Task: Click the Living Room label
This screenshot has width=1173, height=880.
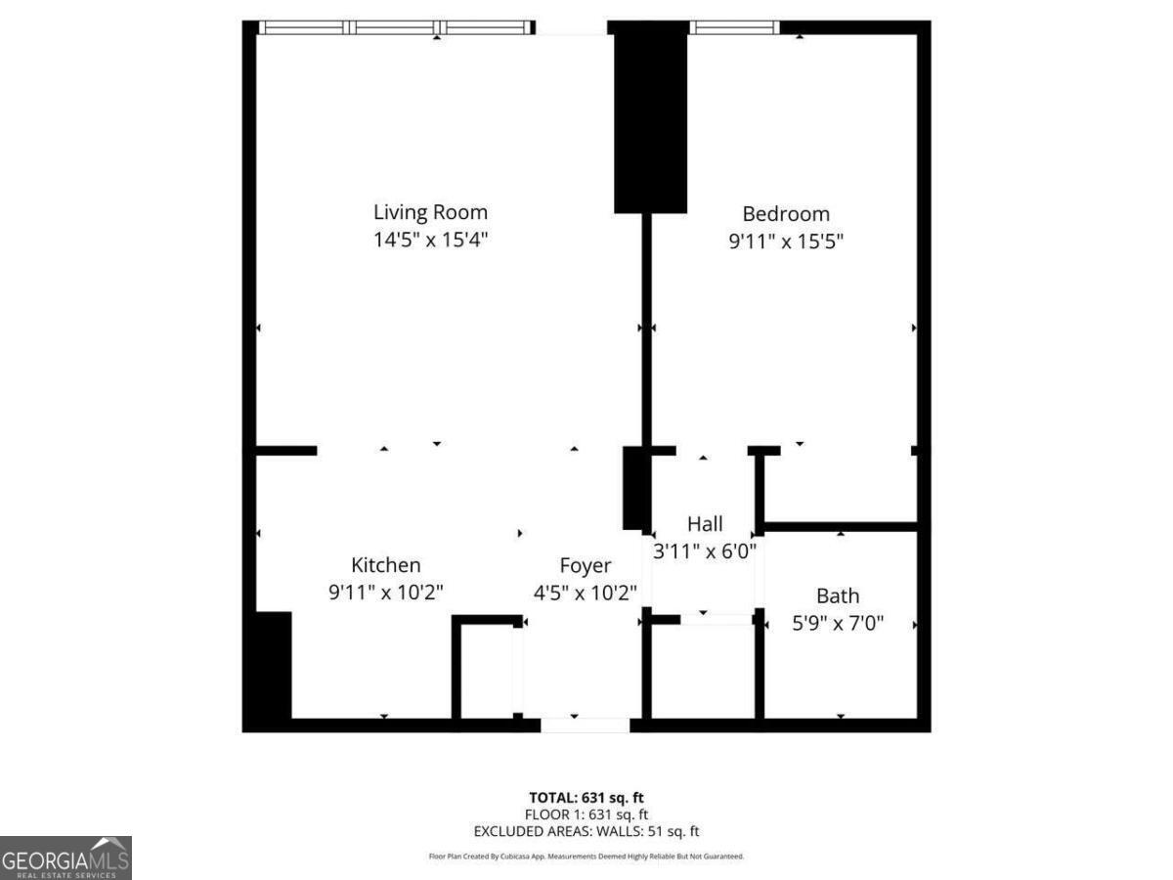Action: click(430, 212)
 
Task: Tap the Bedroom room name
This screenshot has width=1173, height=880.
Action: click(786, 214)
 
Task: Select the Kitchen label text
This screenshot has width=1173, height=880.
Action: click(386, 565)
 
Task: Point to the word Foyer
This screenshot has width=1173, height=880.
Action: click(586, 565)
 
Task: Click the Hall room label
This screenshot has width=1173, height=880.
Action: click(705, 524)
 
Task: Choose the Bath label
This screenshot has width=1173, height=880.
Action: click(838, 595)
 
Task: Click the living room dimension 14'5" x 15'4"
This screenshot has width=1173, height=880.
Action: click(430, 240)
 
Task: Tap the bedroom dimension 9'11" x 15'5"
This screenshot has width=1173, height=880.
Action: click(786, 241)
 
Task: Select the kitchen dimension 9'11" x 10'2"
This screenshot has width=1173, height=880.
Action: click(386, 592)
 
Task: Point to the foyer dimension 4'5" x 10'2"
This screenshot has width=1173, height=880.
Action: click(586, 592)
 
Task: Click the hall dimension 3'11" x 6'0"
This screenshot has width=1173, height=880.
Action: click(705, 550)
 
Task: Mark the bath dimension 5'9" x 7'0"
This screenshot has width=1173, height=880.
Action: click(838, 622)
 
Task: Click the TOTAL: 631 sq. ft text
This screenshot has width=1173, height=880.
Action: click(586, 798)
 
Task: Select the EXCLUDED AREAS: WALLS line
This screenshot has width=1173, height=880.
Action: click(586, 832)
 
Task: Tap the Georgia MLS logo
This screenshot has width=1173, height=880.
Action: click(65, 858)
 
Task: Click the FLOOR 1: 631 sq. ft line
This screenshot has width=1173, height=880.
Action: click(586, 814)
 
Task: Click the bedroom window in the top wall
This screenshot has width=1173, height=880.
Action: click(734, 27)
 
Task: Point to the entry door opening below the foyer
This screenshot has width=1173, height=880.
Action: click(586, 725)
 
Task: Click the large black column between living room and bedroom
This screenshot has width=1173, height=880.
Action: click(650, 117)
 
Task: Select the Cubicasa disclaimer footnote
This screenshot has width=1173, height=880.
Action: click(586, 857)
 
